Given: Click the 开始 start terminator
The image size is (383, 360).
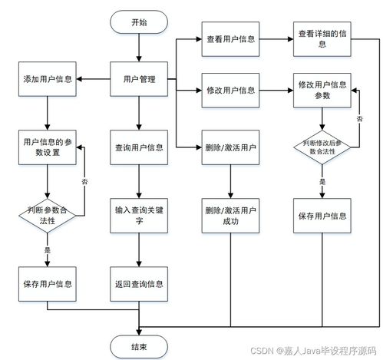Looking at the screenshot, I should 139,22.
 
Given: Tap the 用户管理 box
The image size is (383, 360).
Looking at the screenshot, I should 139,79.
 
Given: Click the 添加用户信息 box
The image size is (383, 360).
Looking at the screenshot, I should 48,79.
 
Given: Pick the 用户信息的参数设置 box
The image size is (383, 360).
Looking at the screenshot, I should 48,147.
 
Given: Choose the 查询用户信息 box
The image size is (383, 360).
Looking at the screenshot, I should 139,147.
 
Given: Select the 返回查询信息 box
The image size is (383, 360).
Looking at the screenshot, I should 139,283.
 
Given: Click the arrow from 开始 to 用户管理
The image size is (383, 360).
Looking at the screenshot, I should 139,48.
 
